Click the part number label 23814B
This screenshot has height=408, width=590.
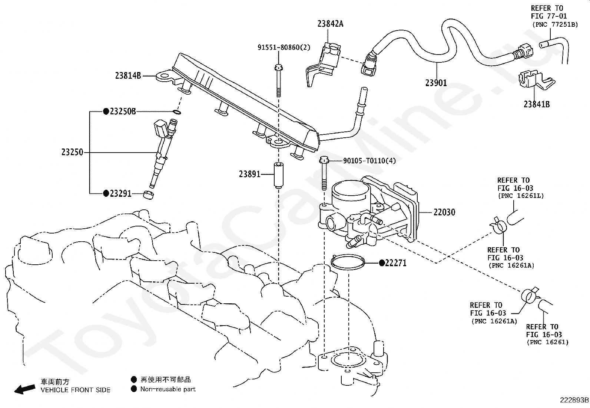(128, 76)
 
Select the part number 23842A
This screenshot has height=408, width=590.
(330, 24)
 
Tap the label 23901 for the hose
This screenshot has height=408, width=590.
(436, 83)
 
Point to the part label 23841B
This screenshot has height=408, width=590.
(537, 105)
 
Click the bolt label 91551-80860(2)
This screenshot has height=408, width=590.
(284, 48)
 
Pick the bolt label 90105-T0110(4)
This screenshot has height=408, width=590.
(369, 161)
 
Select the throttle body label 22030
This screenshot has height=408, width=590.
(444, 212)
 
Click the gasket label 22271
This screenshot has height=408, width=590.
(395, 263)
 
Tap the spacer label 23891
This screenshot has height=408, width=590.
(249, 174)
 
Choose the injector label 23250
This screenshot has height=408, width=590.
(72, 152)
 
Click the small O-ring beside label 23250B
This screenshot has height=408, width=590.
(177, 113)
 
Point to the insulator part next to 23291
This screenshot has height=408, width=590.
(149, 195)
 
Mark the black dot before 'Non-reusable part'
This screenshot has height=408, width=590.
(134, 389)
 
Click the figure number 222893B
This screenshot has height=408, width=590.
(574, 400)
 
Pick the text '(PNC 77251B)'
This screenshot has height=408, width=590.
(555, 25)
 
